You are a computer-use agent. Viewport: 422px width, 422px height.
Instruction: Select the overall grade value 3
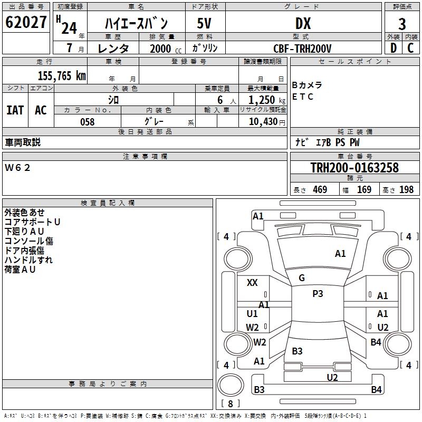pyautogui.click(x=402, y=24)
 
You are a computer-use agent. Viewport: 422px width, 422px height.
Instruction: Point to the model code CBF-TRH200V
pyautogui.click(x=302, y=49)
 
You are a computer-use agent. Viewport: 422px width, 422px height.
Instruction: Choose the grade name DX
pyautogui.click(x=303, y=24)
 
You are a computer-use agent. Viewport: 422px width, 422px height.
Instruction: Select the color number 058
pyautogui.click(x=87, y=122)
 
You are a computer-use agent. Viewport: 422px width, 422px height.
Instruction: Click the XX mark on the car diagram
pyautogui.click(x=252, y=283)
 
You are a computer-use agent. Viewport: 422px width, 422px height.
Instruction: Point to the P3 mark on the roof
pyautogui.click(x=318, y=294)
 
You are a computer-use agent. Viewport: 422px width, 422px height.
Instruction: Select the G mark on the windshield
pyautogui.click(x=302, y=278)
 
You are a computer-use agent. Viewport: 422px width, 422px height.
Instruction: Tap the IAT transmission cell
pyautogui.click(x=15, y=110)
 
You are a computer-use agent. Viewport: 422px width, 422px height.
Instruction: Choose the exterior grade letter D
pyautogui.click(x=393, y=48)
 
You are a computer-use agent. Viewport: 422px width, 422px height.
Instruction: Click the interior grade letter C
pyautogui.click(x=410, y=48)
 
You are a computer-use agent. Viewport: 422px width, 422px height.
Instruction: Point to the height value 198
pyautogui.click(x=407, y=190)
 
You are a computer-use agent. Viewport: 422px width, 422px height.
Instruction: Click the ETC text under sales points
pyautogui.click(x=303, y=97)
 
